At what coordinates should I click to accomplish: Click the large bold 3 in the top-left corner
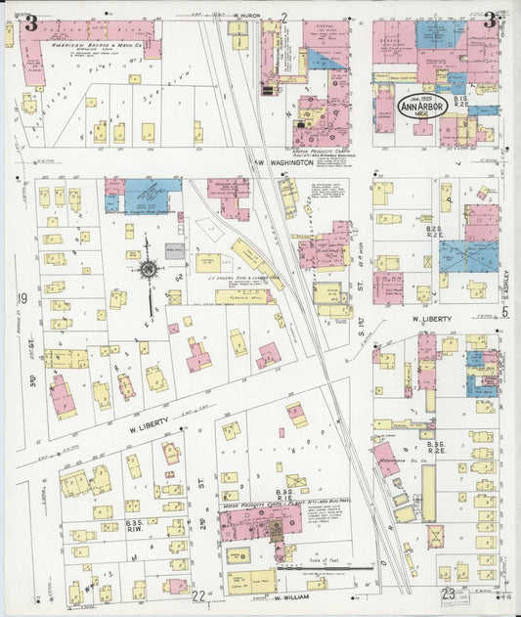click(x=31, y=22)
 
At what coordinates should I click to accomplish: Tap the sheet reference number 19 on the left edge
click(x=21, y=298)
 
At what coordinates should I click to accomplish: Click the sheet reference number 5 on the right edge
click(x=505, y=312)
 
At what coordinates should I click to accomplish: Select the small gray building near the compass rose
click(x=174, y=251)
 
